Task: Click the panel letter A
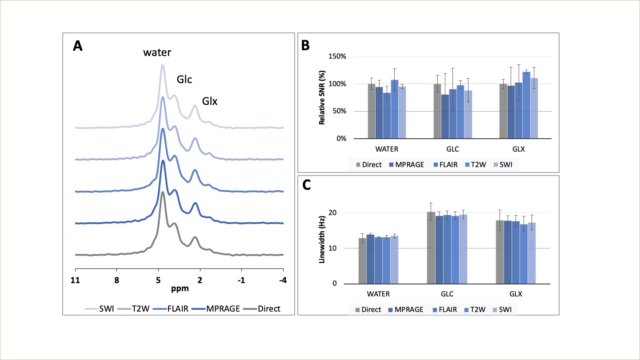pos(78,46)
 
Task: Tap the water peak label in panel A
pos(157,53)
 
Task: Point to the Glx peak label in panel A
pos(210,101)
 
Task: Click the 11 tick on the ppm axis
pos(75,280)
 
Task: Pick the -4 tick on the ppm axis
pos(282,280)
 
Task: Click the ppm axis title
pos(180,288)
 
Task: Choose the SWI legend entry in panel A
pos(106,308)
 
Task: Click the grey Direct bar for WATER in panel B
pos(372,111)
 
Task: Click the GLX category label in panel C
pos(516,294)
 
